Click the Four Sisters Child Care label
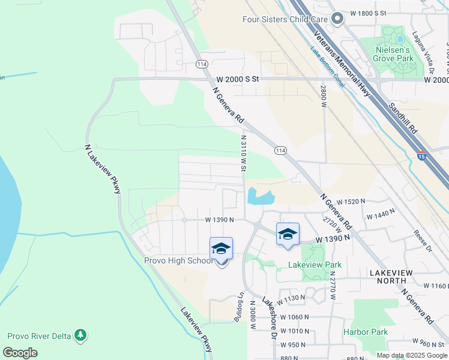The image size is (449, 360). coord(286,19)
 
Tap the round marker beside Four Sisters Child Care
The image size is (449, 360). coord(337,19)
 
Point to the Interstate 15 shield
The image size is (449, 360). coord(422,155)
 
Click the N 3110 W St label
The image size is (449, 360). coord(244,154)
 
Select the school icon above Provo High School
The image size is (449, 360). coord(221,248)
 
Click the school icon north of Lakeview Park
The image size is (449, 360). coord(288,234)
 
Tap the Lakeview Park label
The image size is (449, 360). coord(315,265)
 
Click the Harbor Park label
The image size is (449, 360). coord(366,331)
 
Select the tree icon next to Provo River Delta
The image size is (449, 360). coord(80,335)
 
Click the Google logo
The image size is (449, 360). coord(20,353)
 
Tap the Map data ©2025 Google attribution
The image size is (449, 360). coord(411,355)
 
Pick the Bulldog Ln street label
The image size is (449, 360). coord(239,310)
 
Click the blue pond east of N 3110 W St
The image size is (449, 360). coord(260,197)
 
